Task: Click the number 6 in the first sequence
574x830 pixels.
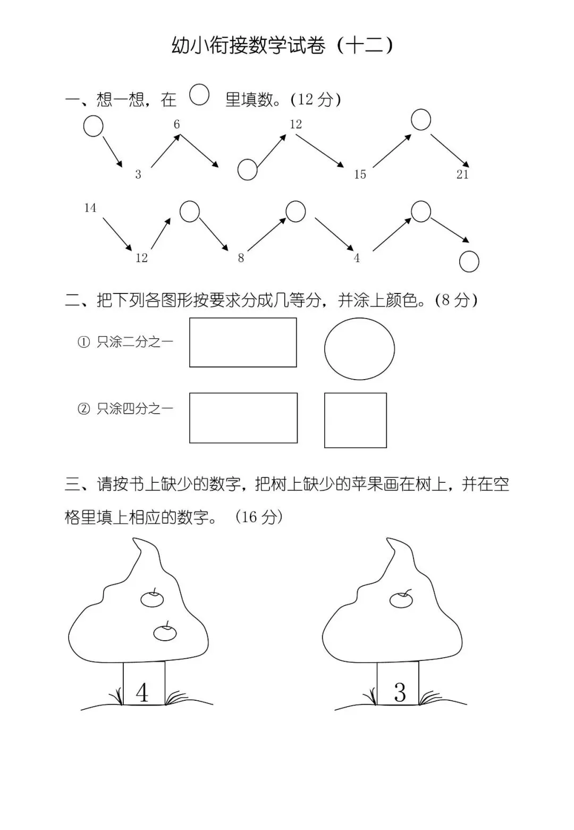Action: click(177, 124)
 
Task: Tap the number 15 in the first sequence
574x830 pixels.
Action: click(360, 174)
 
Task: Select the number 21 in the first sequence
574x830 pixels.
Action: click(462, 174)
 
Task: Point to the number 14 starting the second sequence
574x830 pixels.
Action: click(90, 208)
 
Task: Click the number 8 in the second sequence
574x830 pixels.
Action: click(241, 258)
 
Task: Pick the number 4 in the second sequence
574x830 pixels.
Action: click(357, 258)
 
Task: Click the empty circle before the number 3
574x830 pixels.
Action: click(93, 127)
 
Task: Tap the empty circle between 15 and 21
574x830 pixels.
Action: click(421, 120)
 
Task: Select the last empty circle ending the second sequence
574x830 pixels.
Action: click(469, 262)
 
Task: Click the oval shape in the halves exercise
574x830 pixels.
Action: click(359, 349)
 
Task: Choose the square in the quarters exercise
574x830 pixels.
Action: click(355, 420)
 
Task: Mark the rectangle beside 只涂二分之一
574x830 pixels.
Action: click(243, 342)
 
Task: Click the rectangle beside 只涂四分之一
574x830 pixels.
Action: click(243, 418)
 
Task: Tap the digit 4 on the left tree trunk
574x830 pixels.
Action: click(142, 692)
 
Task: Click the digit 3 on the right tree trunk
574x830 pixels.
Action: click(400, 692)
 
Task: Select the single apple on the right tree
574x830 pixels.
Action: click(401, 600)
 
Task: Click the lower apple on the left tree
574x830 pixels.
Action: click(165, 632)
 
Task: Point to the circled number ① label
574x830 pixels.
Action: click(84, 342)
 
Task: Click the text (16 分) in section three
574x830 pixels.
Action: click(259, 517)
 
